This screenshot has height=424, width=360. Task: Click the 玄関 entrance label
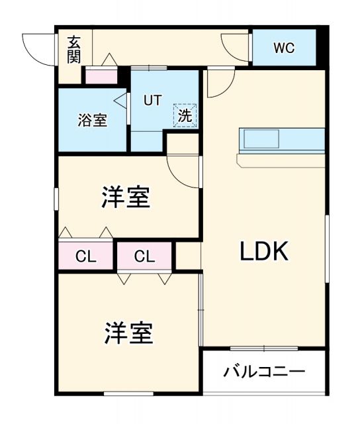(x=73, y=50)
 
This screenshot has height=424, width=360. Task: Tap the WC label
(x=284, y=48)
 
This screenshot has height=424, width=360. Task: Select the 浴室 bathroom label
(x=92, y=121)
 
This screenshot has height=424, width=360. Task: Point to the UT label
(x=154, y=101)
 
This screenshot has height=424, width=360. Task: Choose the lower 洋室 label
(x=128, y=333)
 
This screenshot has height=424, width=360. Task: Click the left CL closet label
(x=85, y=256)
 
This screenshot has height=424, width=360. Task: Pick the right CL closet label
(x=145, y=256)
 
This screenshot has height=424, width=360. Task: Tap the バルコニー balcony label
(x=263, y=371)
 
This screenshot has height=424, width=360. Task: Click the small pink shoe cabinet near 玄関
(x=101, y=76)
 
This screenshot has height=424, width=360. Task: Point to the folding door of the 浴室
(x=120, y=101)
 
